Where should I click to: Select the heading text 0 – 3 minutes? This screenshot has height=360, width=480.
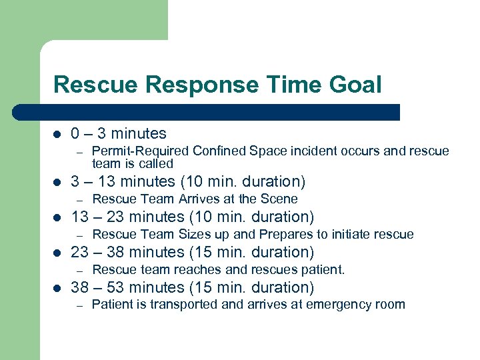pyautogui.click(x=119, y=133)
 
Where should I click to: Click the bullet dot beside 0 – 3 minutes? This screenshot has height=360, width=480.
pyautogui.click(x=57, y=134)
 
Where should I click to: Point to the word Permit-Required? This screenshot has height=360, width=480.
pyautogui.click(x=135, y=151)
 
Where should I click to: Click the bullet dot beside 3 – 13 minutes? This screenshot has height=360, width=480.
pyautogui.click(x=57, y=182)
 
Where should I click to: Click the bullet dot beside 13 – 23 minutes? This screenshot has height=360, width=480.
pyautogui.click(x=57, y=217)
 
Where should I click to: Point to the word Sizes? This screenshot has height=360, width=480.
pyautogui.click(x=194, y=234)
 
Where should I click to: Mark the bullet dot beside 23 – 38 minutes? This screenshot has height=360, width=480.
pyautogui.click(x=57, y=253)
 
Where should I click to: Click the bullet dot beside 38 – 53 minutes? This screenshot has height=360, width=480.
pyautogui.click(x=57, y=288)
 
